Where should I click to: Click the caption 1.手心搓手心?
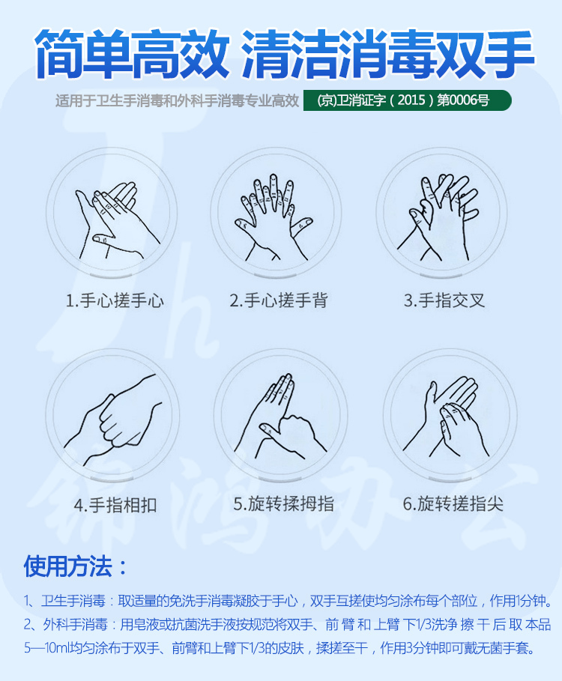[115, 300]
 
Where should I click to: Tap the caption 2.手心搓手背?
[279, 300]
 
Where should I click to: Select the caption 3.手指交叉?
[444, 300]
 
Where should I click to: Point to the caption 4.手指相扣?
[115, 505]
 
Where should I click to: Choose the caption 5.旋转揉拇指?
[283, 503]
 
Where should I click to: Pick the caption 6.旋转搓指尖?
[453, 503]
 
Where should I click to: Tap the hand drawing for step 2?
[274, 217]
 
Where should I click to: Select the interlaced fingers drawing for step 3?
[438, 217]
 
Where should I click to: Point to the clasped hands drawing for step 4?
[113, 420]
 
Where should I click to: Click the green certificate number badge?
[408, 100]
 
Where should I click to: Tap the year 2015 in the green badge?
[411, 100]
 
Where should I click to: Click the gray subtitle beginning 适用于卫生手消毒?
[177, 101]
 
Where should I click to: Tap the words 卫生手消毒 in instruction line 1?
[73, 601]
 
